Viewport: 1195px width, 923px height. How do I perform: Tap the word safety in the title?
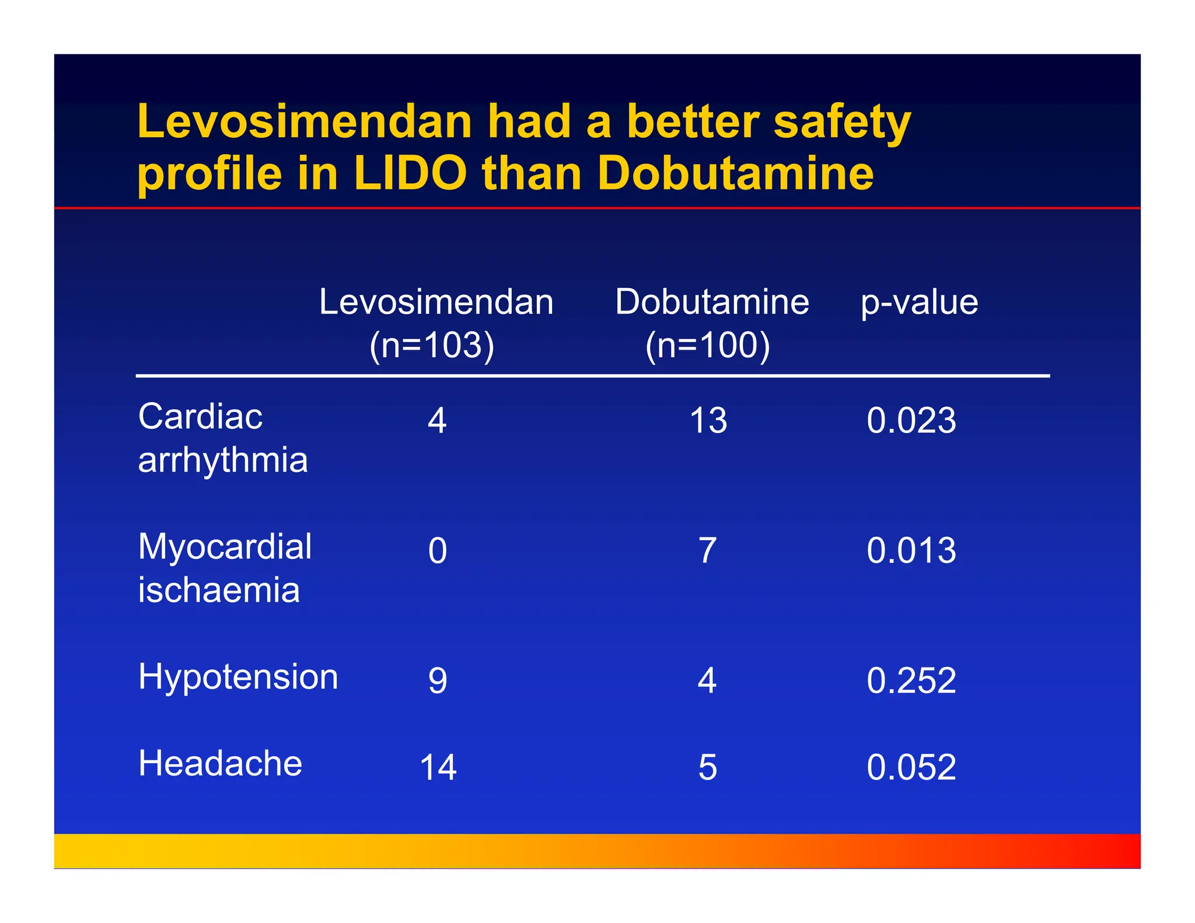(842, 124)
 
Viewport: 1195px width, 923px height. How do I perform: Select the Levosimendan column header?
(436, 302)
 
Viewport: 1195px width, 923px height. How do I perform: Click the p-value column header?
(919, 302)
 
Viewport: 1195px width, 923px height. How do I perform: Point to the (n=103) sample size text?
(432, 345)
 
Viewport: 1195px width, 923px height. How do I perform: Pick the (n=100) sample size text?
(708, 345)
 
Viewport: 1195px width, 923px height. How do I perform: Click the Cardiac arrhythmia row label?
(222, 438)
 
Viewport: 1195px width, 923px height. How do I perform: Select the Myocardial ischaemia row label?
(225, 568)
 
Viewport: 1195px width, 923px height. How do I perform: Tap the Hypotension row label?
(238, 677)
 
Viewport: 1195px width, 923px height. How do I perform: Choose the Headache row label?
(220, 763)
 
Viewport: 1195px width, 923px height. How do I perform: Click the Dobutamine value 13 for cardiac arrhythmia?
(708, 420)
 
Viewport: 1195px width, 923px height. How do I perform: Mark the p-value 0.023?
(911, 420)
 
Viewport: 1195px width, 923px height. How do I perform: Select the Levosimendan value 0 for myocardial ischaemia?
(438, 550)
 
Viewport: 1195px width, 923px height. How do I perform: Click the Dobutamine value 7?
(707, 550)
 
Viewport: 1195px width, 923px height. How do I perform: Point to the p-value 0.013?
(911, 550)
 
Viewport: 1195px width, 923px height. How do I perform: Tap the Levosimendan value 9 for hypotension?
(438, 680)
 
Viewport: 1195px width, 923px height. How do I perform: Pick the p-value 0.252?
(911, 680)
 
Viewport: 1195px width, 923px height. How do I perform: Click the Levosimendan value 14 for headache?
(438, 767)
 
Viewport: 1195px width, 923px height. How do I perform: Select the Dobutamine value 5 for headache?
(707, 767)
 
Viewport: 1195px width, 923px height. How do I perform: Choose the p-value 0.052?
(911, 767)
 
